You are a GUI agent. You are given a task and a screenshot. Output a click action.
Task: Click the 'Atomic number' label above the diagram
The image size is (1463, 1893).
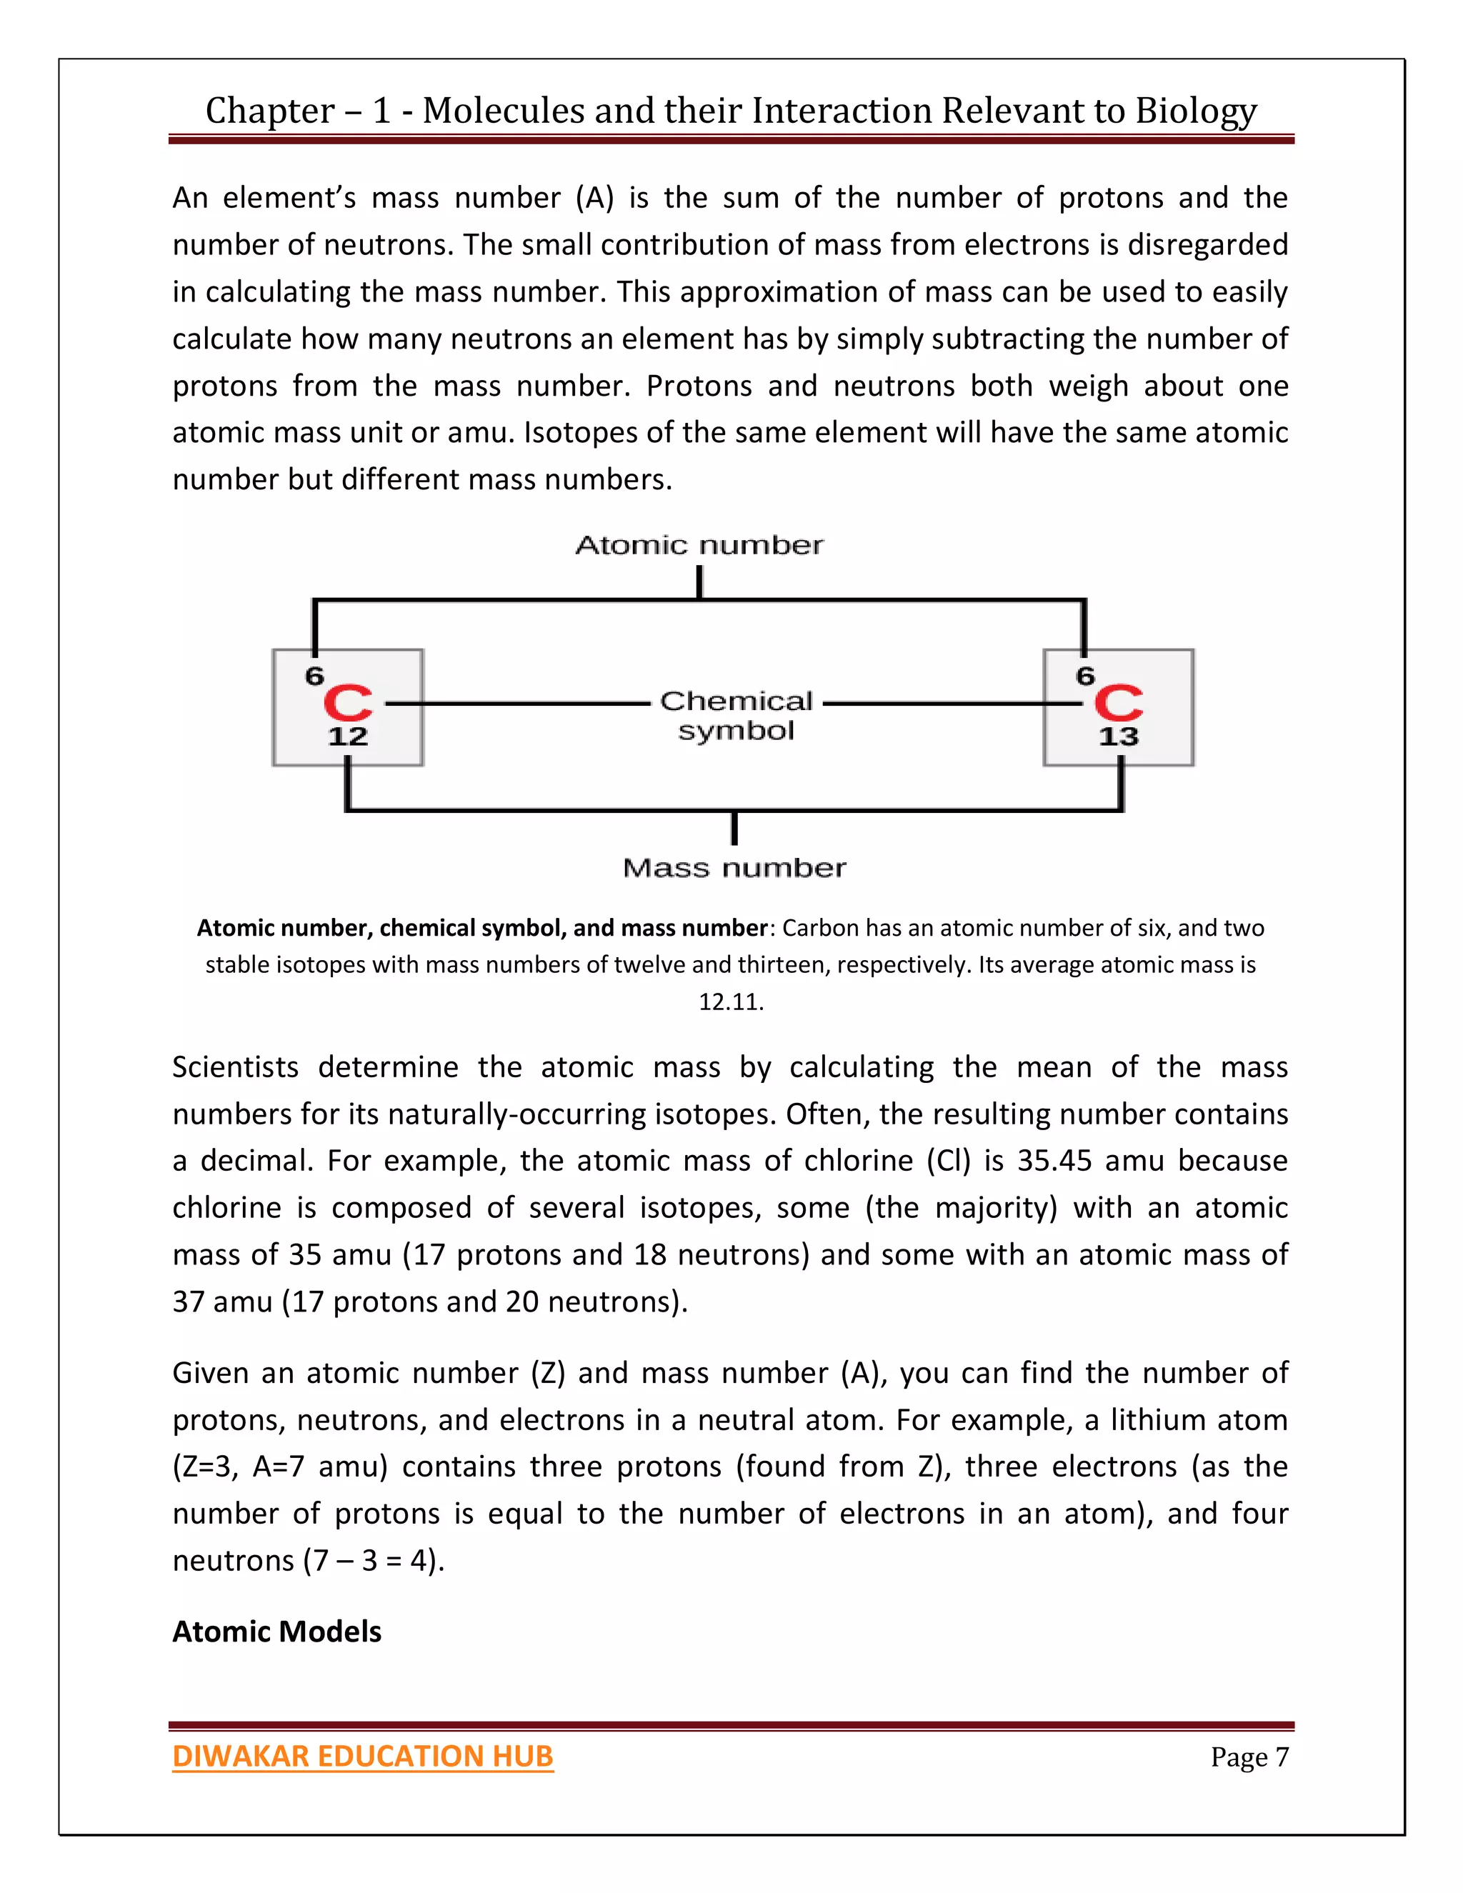click(x=699, y=545)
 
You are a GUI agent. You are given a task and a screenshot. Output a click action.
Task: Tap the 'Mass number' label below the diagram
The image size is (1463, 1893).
click(x=734, y=868)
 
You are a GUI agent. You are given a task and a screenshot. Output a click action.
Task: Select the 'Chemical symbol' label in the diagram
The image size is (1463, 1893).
click(x=736, y=715)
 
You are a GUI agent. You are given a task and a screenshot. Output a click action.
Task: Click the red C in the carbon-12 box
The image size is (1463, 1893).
click(x=348, y=703)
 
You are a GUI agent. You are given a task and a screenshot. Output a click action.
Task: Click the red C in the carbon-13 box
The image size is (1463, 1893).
click(x=1118, y=703)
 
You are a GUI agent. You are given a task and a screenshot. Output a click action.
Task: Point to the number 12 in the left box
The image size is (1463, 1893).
click(x=348, y=736)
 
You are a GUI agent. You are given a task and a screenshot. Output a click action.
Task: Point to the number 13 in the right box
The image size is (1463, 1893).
click(x=1118, y=736)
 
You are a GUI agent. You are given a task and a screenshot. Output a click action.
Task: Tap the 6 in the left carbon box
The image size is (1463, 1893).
click(x=314, y=676)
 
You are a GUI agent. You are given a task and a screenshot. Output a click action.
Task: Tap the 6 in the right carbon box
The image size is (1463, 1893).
click(x=1085, y=676)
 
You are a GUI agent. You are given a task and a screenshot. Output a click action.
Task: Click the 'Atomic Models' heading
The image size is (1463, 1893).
click(x=276, y=1632)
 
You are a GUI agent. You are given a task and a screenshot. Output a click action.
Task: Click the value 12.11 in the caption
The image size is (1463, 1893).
click(x=731, y=1002)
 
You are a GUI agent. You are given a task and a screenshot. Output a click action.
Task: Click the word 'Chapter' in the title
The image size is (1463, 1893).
click(x=269, y=111)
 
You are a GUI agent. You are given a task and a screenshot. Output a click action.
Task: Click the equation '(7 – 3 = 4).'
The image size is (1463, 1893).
click(x=374, y=1560)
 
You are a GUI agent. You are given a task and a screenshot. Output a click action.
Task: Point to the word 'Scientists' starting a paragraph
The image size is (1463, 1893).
click(x=235, y=1067)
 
